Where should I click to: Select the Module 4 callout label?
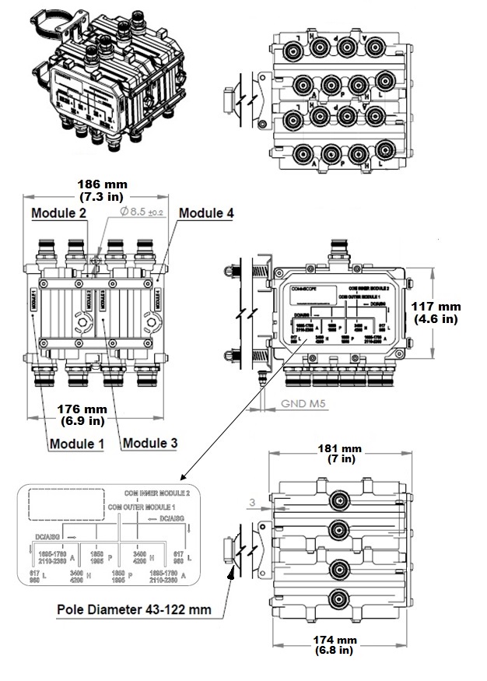coord(205,212)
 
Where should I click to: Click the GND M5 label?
coord(287,405)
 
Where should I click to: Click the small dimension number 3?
coord(253,504)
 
